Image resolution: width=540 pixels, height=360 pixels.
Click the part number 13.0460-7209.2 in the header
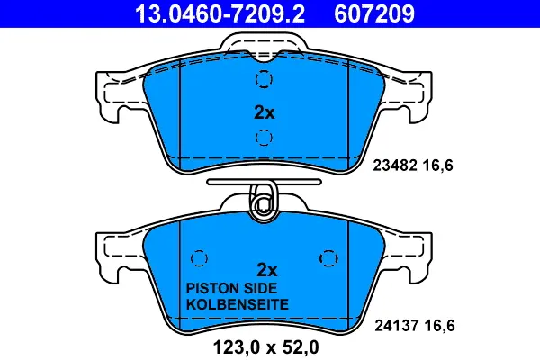220,13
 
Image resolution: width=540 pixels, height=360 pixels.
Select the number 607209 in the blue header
374,13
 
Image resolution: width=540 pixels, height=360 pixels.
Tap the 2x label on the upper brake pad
264,112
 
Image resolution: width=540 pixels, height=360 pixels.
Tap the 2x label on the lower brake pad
267,270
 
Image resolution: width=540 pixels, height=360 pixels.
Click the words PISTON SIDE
231,288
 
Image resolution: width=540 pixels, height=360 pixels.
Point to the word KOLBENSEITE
238,304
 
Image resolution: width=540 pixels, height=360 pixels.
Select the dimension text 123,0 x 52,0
265,347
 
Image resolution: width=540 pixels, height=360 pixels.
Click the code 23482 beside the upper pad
395,166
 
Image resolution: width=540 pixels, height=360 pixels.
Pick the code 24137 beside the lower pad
396,325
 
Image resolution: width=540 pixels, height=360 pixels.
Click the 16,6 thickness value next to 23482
437,166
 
